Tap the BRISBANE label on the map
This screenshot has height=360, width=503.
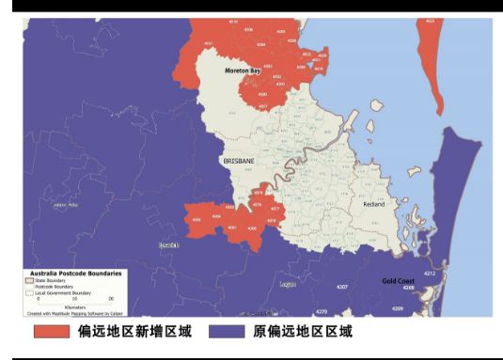[x=239, y=162]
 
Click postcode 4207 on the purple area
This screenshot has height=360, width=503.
[x=342, y=286]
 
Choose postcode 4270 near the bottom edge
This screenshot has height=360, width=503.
[x=322, y=311]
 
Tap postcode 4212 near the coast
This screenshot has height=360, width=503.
[x=430, y=274]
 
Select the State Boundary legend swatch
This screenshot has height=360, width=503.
[x=29, y=280]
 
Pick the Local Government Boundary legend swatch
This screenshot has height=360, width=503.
[x=29, y=290]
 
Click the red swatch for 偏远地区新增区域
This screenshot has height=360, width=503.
[x=52, y=332]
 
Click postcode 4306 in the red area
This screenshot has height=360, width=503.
[x=197, y=220]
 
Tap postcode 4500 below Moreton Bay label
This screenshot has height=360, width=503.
[x=263, y=95]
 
